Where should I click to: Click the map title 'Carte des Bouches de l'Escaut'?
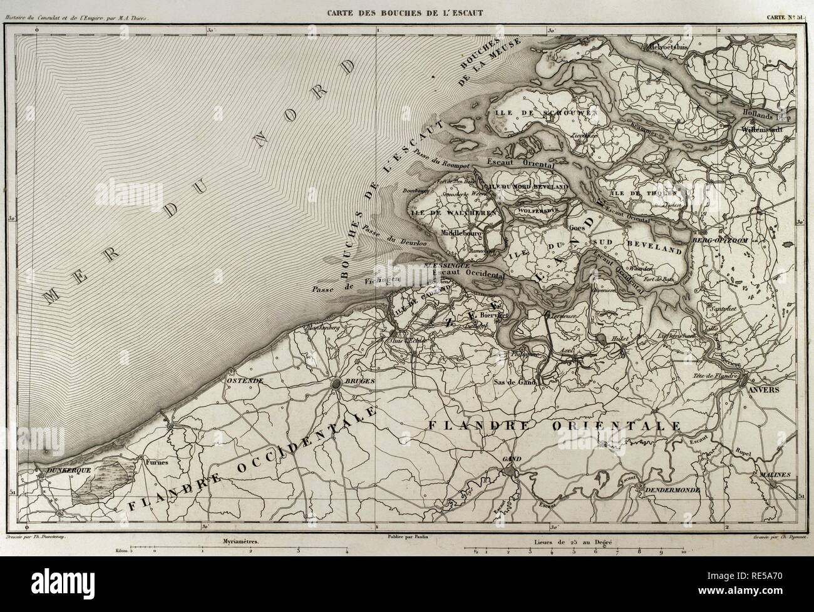(406, 11)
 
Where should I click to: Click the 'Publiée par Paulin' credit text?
(406, 537)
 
